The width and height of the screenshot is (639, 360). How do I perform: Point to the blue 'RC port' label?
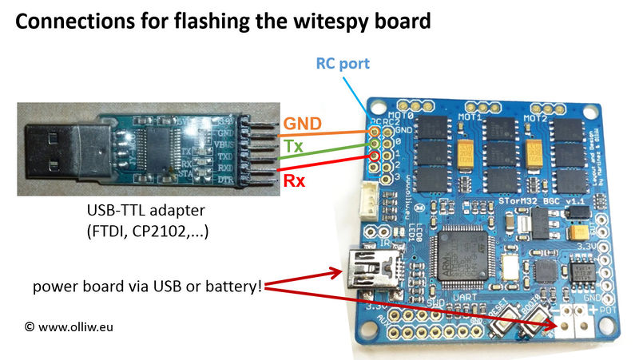(x=343, y=63)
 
